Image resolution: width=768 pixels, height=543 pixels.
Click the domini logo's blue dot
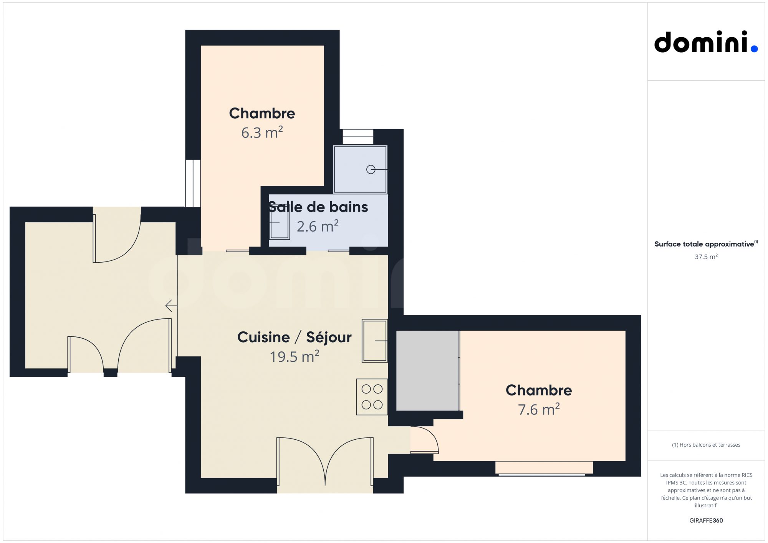(754, 48)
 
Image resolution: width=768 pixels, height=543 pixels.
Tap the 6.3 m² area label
(262, 132)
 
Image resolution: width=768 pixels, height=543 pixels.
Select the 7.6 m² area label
(539, 409)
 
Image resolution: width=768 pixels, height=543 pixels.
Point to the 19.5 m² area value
(295, 356)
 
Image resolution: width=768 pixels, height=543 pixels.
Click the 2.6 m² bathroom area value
(318, 226)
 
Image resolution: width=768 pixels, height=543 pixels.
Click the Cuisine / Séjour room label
(295, 337)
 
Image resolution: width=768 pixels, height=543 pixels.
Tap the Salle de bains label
(318, 207)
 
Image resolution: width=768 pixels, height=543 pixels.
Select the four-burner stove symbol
(372, 397)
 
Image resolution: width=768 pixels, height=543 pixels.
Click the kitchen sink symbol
(375, 341)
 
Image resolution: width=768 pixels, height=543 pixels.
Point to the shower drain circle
(371, 169)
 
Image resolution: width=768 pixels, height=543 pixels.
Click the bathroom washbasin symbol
(279, 222)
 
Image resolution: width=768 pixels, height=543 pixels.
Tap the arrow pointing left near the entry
(171, 306)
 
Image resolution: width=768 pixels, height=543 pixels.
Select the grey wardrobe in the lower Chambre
(427, 371)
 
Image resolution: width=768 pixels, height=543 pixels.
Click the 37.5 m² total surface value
(706, 257)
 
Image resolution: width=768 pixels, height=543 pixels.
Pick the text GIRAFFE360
(706, 520)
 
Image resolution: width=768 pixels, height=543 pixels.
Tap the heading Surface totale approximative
(704, 244)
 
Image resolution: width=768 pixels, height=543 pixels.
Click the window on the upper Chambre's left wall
(193, 183)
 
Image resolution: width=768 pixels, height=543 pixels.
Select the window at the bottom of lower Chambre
(544, 468)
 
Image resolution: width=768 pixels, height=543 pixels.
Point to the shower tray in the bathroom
(360, 169)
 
